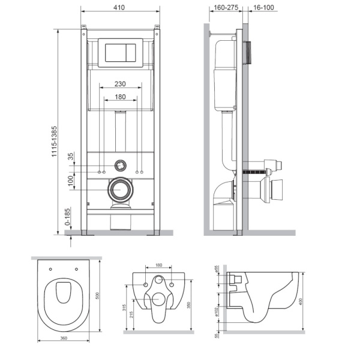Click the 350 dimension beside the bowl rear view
(x=190, y=305)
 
